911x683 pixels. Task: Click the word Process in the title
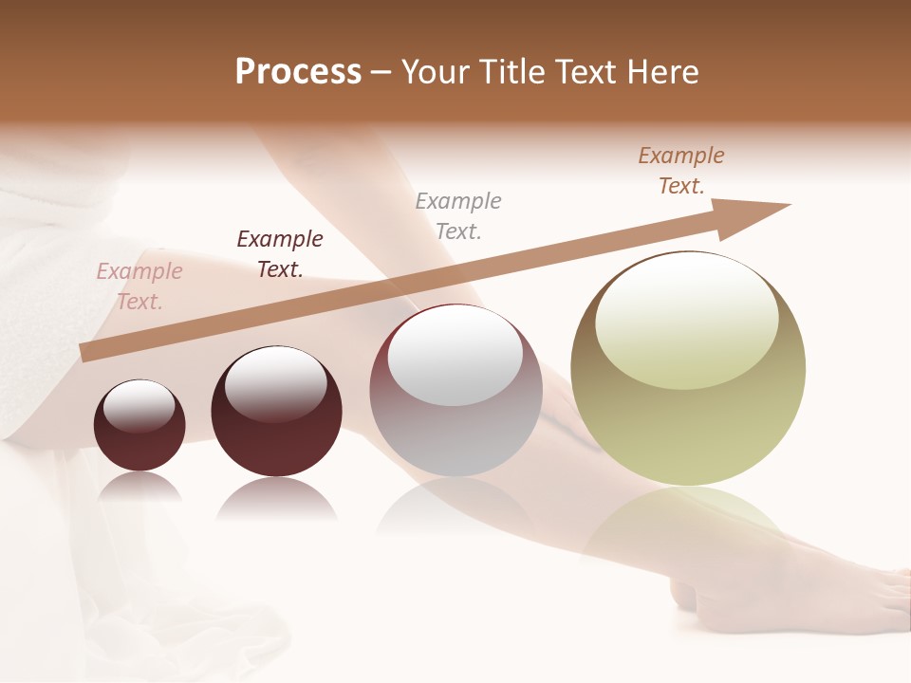[x=298, y=71]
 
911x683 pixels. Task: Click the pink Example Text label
[x=139, y=286]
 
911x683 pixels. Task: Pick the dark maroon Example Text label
[x=280, y=254]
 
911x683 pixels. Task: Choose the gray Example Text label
[x=458, y=216]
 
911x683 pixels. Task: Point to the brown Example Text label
[x=681, y=171]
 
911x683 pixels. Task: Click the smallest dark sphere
[x=139, y=446]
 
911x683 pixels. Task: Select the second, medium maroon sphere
[x=276, y=446]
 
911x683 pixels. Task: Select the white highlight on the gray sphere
[x=455, y=357]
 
